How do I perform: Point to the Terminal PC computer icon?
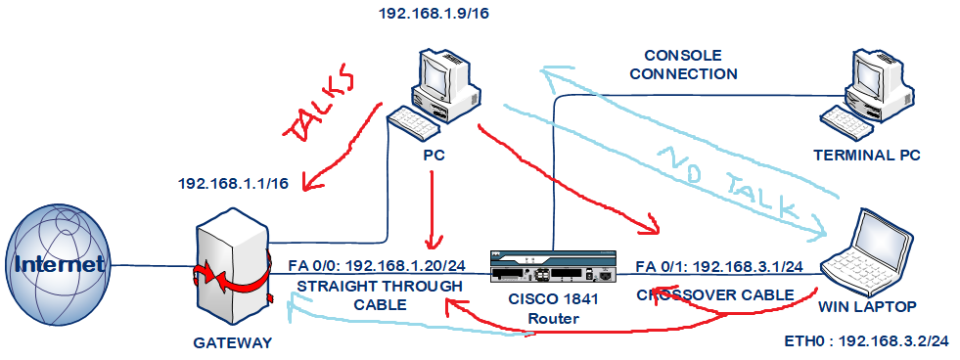[x=868, y=93]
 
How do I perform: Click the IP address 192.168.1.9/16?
[x=434, y=13]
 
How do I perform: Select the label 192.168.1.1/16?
[x=233, y=183]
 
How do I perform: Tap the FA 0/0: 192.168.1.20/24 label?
[x=377, y=266]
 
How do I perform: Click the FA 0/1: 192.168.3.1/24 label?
[x=719, y=266]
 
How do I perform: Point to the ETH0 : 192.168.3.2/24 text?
[x=868, y=341]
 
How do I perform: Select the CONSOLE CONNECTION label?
[x=683, y=65]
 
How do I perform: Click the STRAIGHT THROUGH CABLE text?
[x=380, y=295]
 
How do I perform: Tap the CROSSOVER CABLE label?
[x=715, y=295]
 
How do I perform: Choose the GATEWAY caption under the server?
[x=233, y=342]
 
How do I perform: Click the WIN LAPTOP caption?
[x=868, y=307]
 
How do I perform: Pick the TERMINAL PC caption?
[x=866, y=155]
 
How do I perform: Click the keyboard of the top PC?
[x=413, y=122]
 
